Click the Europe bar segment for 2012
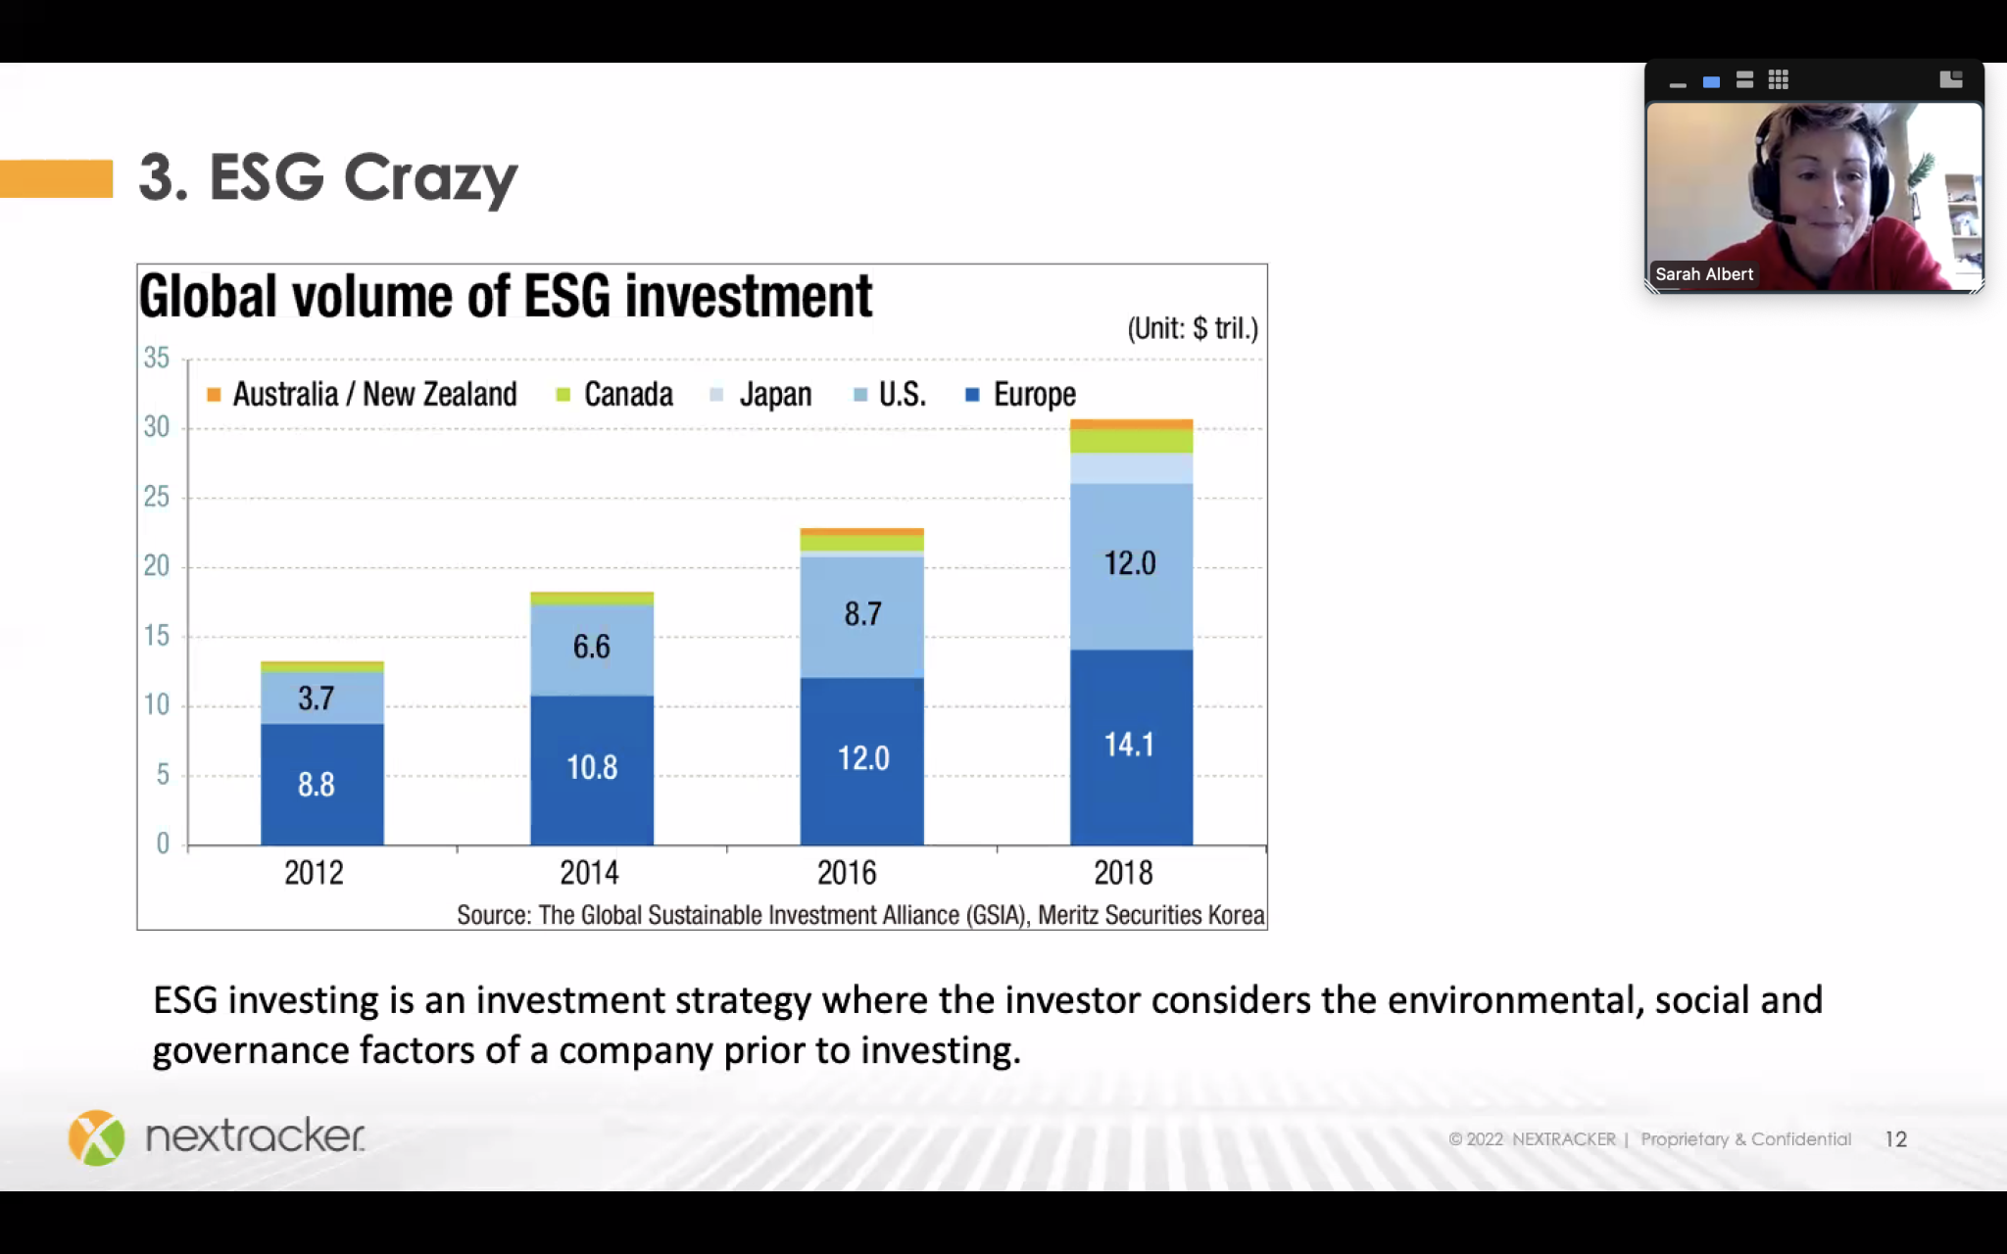tap(321, 784)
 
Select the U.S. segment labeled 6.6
tap(591, 648)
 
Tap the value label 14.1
tap(1129, 746)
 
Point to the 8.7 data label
tap(862, 614)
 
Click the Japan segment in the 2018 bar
tap(1131, 468)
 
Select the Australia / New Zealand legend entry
tap(362, 395)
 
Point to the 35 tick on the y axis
tap(157, 359)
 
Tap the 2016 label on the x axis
tap(847, 873)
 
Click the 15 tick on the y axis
tap(157, 637)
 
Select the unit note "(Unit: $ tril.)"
tap(1192, 328)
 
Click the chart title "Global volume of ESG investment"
tap(505, 296)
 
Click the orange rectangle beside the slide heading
tap(56, 178)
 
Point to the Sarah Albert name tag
tap(1703, 274)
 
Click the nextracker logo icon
tap(96, 1137)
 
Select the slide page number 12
tap(1895, 1139)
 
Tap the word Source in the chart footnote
tap(494, 915)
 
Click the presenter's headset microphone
tap(1786, 219)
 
